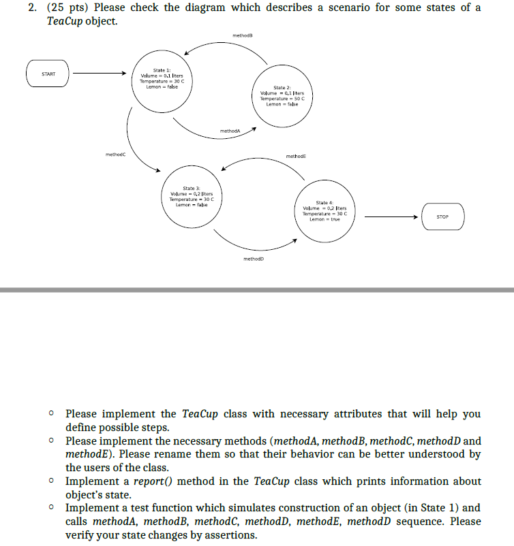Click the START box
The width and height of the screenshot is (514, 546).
click(48, 74)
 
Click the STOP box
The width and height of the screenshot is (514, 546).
click(442, 216)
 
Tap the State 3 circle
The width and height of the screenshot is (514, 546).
click(191, 197)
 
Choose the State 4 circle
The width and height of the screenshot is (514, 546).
click(324, 210)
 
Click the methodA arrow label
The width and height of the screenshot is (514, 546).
click(230, 131)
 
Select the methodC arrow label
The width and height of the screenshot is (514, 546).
click(115, 155)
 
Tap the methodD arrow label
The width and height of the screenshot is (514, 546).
click(253, 259)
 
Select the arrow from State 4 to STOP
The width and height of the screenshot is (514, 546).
click(389, 216)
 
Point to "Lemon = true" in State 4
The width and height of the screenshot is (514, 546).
click(324, 219)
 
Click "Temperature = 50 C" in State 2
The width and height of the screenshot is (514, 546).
click(282, 99)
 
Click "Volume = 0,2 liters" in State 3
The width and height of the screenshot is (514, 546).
click(191, 193)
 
